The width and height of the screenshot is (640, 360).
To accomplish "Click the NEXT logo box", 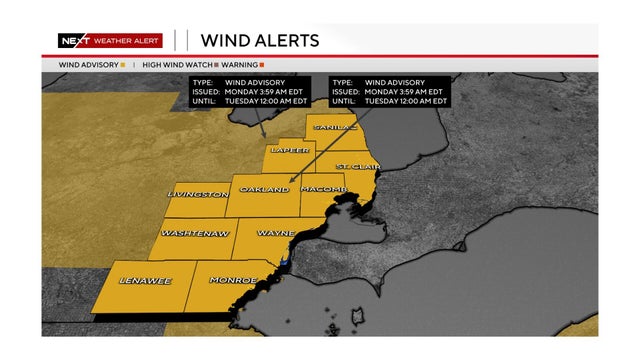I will coord(72,41).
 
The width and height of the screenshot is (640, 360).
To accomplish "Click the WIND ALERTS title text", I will coord(260,41).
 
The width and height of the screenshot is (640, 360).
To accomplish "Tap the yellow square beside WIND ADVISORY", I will coord(122,65).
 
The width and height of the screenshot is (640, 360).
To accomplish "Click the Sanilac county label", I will coord(333,127).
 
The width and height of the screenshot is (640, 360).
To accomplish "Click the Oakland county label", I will coord(265,189).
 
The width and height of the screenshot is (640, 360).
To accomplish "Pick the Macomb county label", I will coord(320,189).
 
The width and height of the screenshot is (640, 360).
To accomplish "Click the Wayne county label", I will coord(275,233).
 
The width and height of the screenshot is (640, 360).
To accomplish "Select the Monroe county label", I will coord(233,280).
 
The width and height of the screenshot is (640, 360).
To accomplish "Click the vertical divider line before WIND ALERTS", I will coord(188,41).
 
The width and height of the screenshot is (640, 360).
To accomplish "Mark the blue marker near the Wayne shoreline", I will coord(283,263).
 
